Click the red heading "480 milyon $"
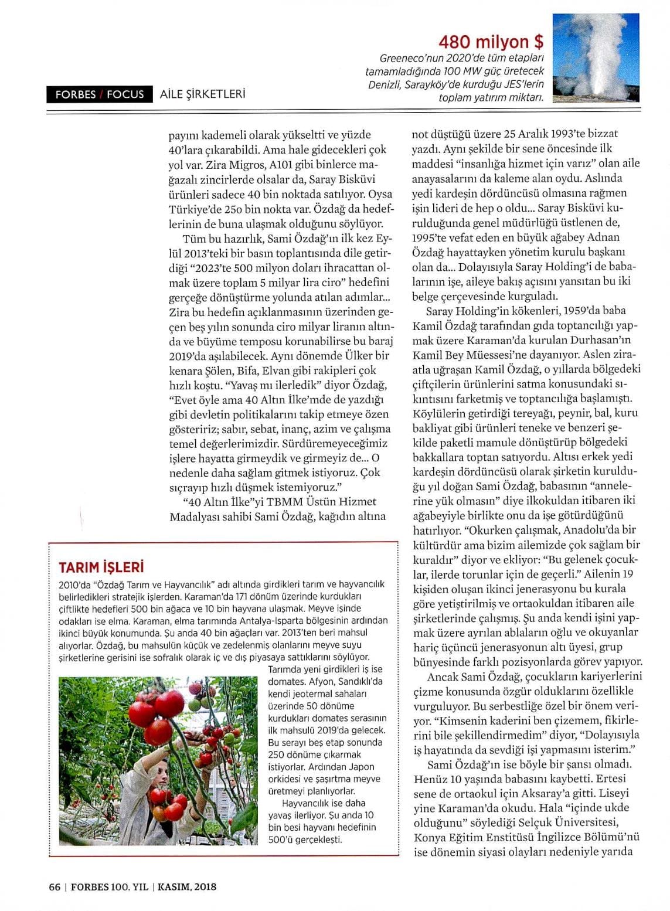(x=491, y=42)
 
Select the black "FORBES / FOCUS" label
(x=100, y=94)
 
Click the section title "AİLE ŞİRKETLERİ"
(x=202, y=94)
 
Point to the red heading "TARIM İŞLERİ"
(x=101, y=567)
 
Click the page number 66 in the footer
(x=55, y=887)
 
